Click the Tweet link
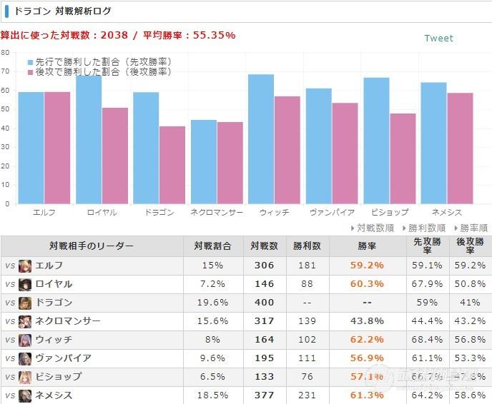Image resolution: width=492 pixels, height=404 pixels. click(x=438, y=38)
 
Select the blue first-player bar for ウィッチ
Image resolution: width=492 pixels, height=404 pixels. click(x=261, y=138)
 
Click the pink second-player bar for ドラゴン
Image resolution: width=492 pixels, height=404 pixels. click(x=172, y=165)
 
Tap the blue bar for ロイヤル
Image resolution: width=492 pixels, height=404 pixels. click(x=89, y=139)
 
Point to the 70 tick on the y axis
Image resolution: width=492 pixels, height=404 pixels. click(x=6, y=71)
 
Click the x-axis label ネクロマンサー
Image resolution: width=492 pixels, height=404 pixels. click(x=217, y=213)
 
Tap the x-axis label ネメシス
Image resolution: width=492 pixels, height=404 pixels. click(x=446, y=213)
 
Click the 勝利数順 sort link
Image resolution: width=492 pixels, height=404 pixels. click(x=425, y=228)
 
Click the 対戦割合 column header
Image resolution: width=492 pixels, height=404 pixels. click(x=212, y=246)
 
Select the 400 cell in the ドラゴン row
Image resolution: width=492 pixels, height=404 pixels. click(x=264, y=303)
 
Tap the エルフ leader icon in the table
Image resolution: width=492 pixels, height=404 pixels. click(x=25, y=266)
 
